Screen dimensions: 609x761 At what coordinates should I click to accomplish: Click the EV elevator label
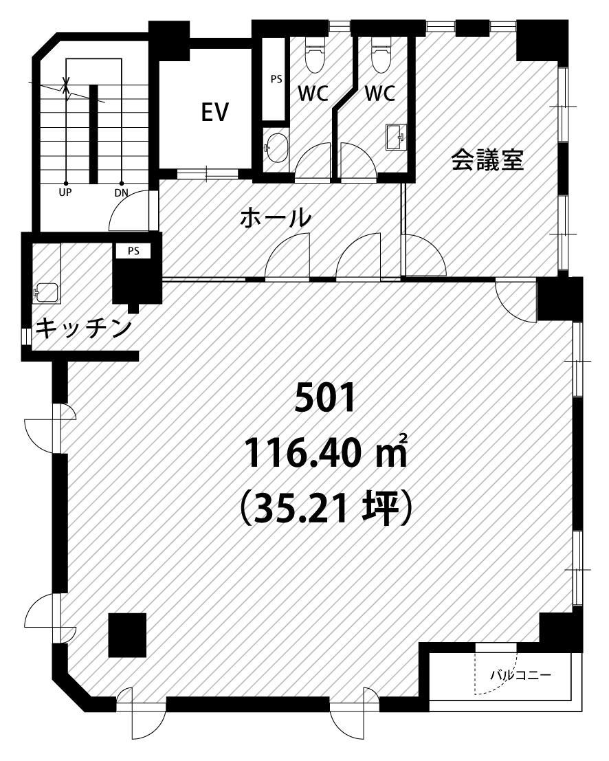click(x=215, y=113)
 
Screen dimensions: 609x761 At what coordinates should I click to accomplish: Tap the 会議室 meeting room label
click(x=488, y=159)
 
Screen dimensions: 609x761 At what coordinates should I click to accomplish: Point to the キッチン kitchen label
click(x=84, y=328)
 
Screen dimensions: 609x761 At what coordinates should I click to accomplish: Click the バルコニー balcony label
click(x=520, y=675)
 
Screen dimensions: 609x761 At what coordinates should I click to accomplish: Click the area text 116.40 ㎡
click(x=326, y=452)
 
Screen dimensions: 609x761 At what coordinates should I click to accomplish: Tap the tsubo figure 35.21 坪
click(x=326, y=507)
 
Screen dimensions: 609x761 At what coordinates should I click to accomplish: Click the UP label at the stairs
click(x=65, y=192)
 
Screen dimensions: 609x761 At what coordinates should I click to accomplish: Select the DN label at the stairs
click(x=121, y=192)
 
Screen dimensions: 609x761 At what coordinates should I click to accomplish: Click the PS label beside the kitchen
click(x=133, y=251)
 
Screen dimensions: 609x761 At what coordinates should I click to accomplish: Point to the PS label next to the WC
click(x=276, y=78)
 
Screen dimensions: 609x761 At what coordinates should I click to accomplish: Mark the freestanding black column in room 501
click(x=127, y=635)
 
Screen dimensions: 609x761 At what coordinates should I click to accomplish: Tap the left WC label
click(x=313, y=93)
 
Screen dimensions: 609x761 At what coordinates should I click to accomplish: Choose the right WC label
click(x=380, y=93)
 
